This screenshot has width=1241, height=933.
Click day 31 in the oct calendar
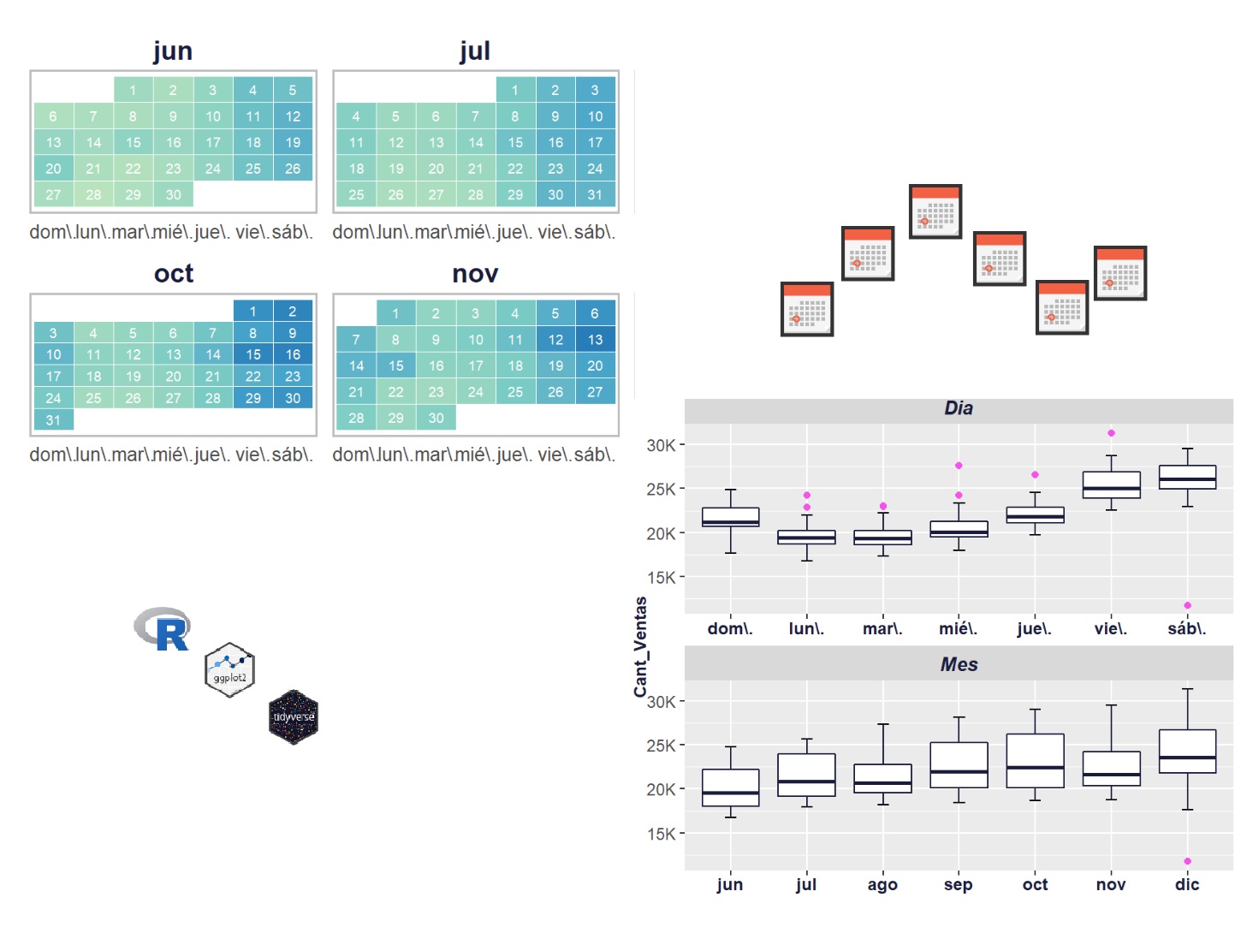(x=54, y=420)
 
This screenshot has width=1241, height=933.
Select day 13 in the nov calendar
(x=595, y=340)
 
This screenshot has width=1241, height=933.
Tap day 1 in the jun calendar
(x=133, y=90)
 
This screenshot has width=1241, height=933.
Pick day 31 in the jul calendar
(x=595, y=195)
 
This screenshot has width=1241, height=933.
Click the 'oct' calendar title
(x=174, y=274)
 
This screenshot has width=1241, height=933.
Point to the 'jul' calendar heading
(x=475, y=51)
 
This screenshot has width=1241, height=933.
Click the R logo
(x=163, y=629)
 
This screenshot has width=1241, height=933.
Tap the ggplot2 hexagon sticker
(x=229, y=669)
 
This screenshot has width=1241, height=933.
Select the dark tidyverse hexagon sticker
(x=294, y=717)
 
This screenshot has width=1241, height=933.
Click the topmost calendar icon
(x=935, y=211)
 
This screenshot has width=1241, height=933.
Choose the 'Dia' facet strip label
(x=959, y=408)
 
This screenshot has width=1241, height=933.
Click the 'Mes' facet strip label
(x=959, y=665)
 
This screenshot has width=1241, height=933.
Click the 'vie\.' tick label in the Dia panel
(x=1111, y=629)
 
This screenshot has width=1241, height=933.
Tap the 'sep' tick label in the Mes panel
(x=959, y=885)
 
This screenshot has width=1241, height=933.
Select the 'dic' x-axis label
(x=1187, y=885)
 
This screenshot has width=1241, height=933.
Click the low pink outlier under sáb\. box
(x=1187, y=605)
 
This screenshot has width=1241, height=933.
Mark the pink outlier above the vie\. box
(x=1111, y=433)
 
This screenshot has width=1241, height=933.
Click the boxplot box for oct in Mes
(x=1035, y=760)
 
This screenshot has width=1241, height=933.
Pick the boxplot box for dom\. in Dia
(x=730, y=517)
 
